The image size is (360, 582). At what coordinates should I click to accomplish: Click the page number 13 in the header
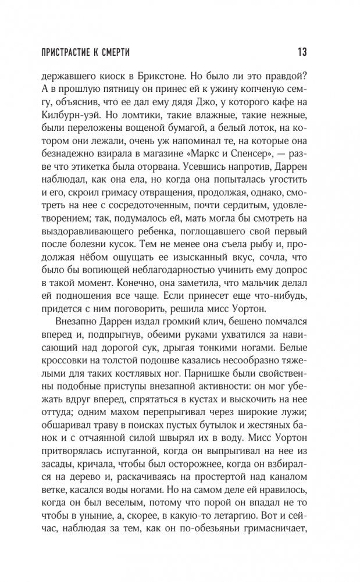301,52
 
